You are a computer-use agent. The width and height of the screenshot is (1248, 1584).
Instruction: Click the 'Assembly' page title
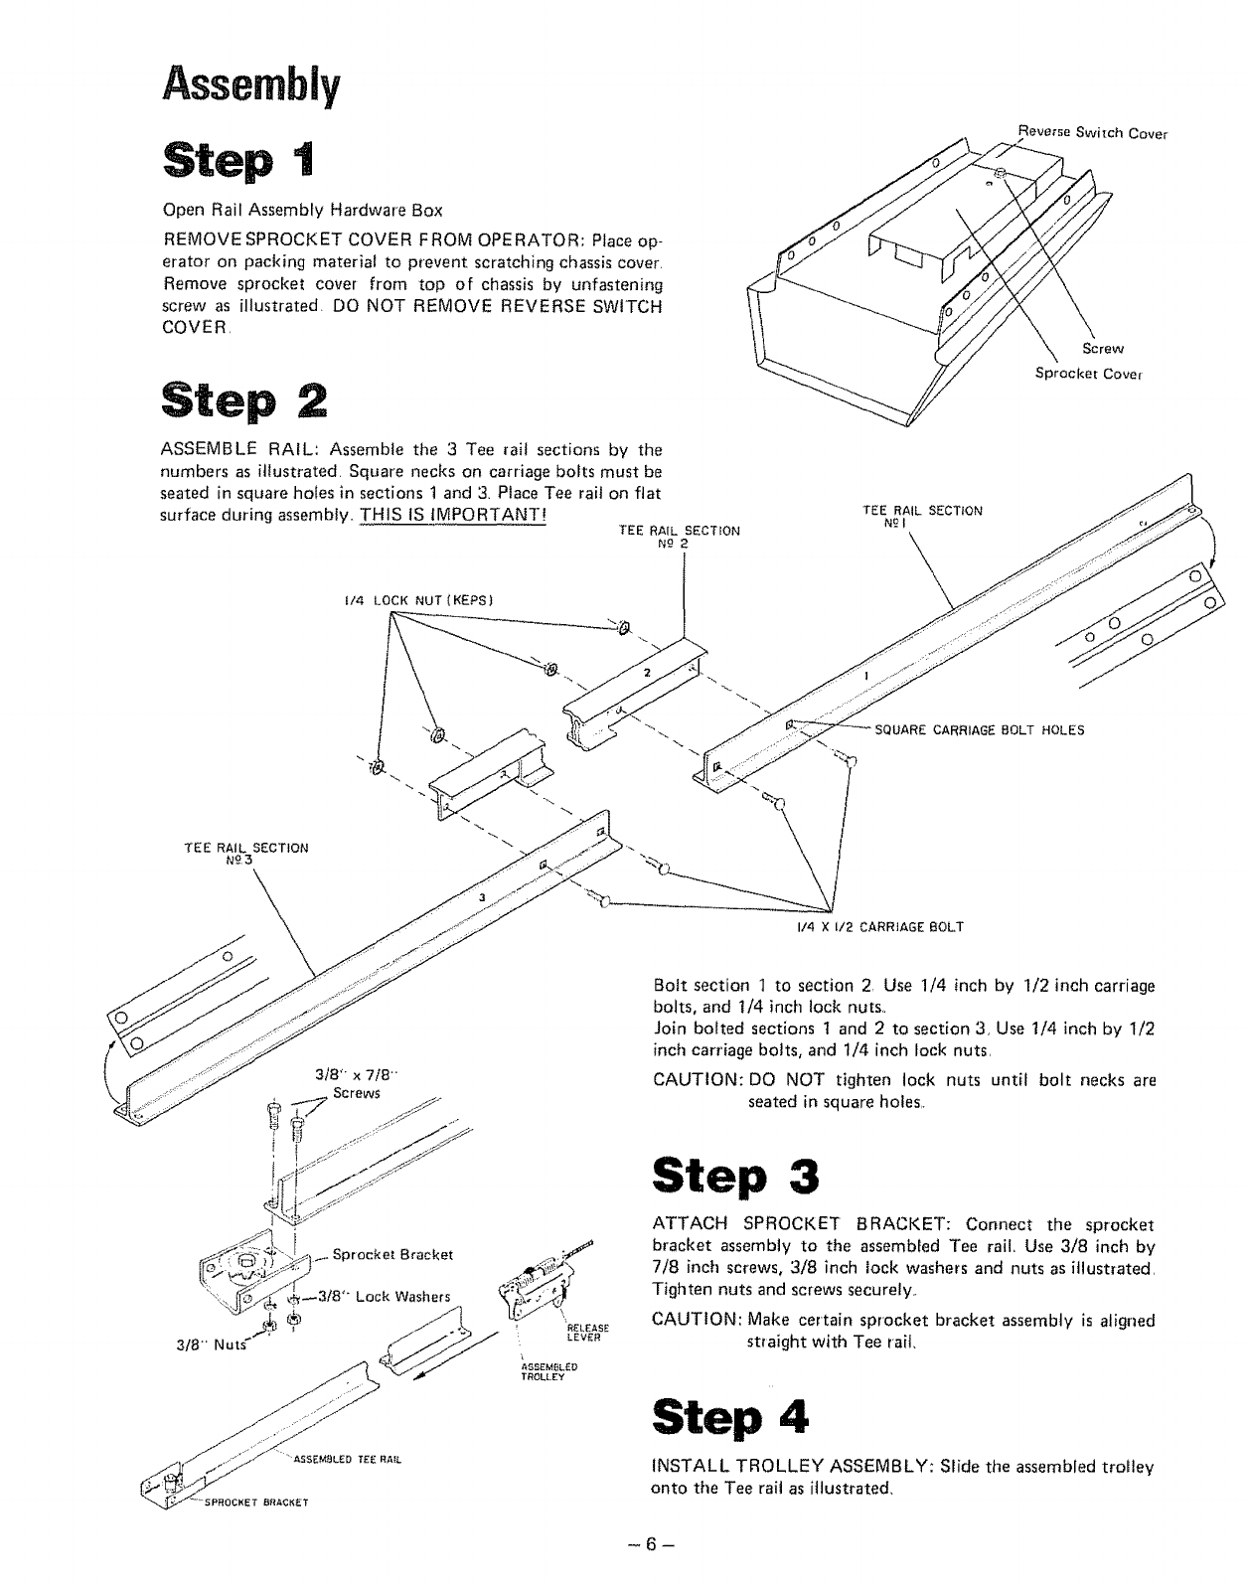251,85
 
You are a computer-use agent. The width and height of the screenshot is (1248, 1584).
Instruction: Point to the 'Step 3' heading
735,1177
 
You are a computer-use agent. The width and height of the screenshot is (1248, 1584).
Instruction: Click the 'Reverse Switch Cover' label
1093,132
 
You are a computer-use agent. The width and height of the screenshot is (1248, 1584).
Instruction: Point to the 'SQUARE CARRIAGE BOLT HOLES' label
979,730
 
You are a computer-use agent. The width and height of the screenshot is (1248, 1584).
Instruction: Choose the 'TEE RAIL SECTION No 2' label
679,538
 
